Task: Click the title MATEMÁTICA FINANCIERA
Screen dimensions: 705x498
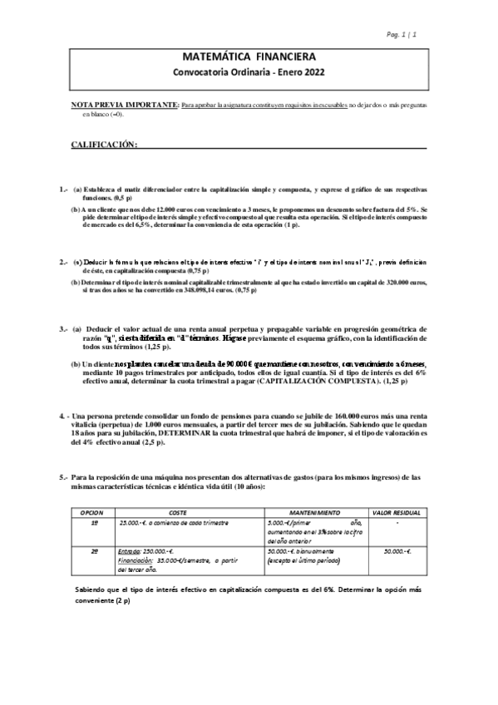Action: pyautogui.click(x=249, y=57)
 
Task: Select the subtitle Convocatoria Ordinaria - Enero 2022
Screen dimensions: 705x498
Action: pyautogui.click(x=249, y=72)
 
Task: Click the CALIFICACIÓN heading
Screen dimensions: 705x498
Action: pyautogui.click(x=103, y=145)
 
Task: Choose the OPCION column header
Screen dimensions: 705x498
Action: pyautogui.click(x=92, y=514)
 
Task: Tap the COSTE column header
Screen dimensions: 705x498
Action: pyautogui.click(x=178, y=514)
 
